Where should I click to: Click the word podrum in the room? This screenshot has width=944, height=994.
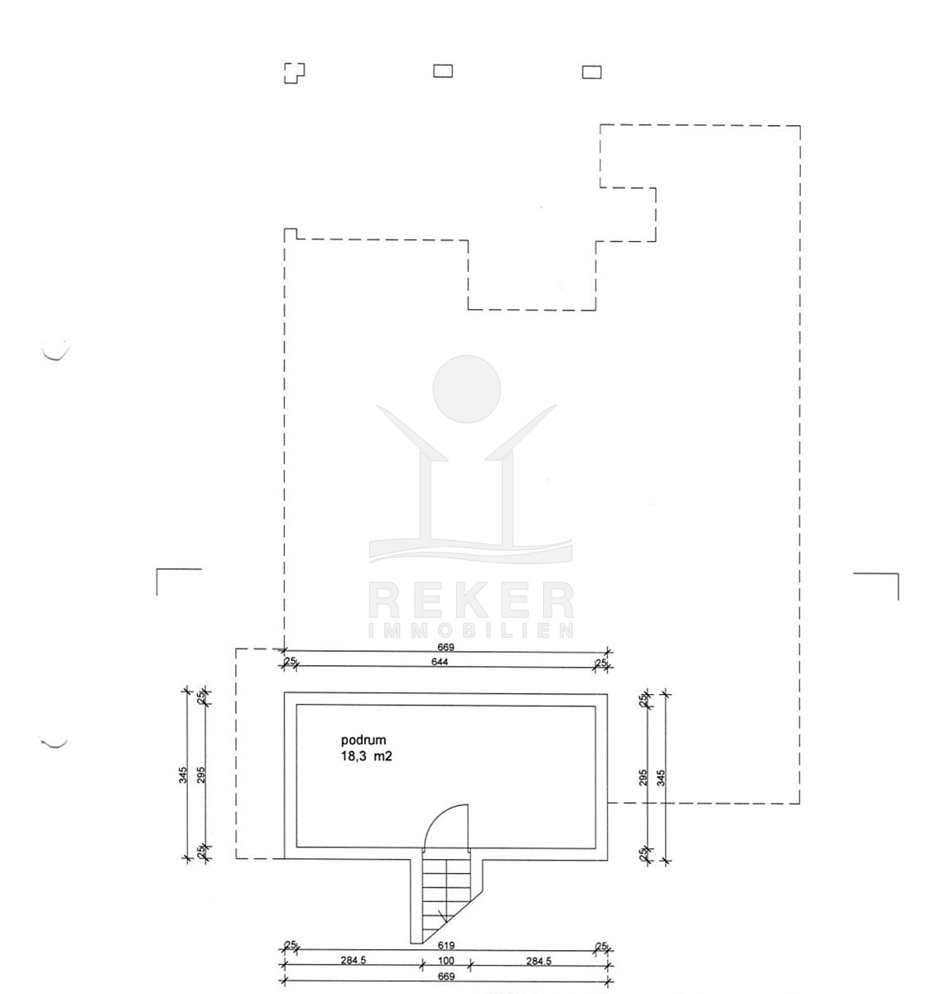(x=363, y=740)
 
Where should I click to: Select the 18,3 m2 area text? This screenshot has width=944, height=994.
(x=367, y=756)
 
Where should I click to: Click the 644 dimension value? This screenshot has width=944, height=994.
(x=441, y=661)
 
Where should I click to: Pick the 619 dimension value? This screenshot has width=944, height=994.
(x=446, y=945)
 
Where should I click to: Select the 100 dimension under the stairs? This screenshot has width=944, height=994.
(x=446, y=961)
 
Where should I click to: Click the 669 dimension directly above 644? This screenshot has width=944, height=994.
(x=446, y=647)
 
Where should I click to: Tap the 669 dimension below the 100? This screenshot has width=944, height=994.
(x=446, y=977)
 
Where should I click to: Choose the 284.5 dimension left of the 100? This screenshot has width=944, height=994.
(x=353, y=961)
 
